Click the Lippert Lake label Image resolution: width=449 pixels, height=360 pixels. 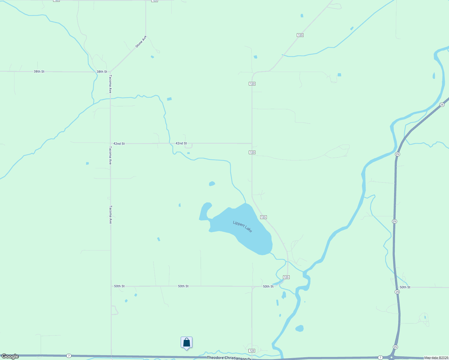click(243, 226)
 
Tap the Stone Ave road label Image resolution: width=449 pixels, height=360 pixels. click(141, 42)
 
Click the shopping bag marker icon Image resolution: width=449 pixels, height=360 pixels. click(186, 342)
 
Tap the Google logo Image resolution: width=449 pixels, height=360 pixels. click(10, 356)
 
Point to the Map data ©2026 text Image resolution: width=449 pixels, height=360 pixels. click(436, 358)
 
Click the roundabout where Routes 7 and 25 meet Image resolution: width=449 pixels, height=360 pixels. click(391, 358)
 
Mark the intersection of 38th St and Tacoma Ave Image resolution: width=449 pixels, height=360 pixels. click(110, 72)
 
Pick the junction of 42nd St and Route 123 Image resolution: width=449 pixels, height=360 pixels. click(252, 143)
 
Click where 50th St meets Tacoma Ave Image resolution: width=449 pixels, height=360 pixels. click(111, 286)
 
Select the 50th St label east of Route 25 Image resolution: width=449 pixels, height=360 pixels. click(405, 287)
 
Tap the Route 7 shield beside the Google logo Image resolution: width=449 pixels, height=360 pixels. click(69, 356)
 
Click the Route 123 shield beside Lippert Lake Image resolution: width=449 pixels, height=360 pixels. click(263, 217)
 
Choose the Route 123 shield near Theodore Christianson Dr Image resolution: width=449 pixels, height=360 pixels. click(252, 351)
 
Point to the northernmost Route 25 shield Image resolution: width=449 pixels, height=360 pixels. click(442, 105)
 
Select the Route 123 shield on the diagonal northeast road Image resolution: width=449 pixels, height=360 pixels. click(300, 35)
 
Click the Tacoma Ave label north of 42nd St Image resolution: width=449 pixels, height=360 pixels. click(110, 84)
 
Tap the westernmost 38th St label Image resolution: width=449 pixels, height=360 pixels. click(39, 72)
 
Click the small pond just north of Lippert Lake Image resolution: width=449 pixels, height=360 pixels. click(212, 184)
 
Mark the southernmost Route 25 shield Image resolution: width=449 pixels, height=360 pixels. click(395, 347)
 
